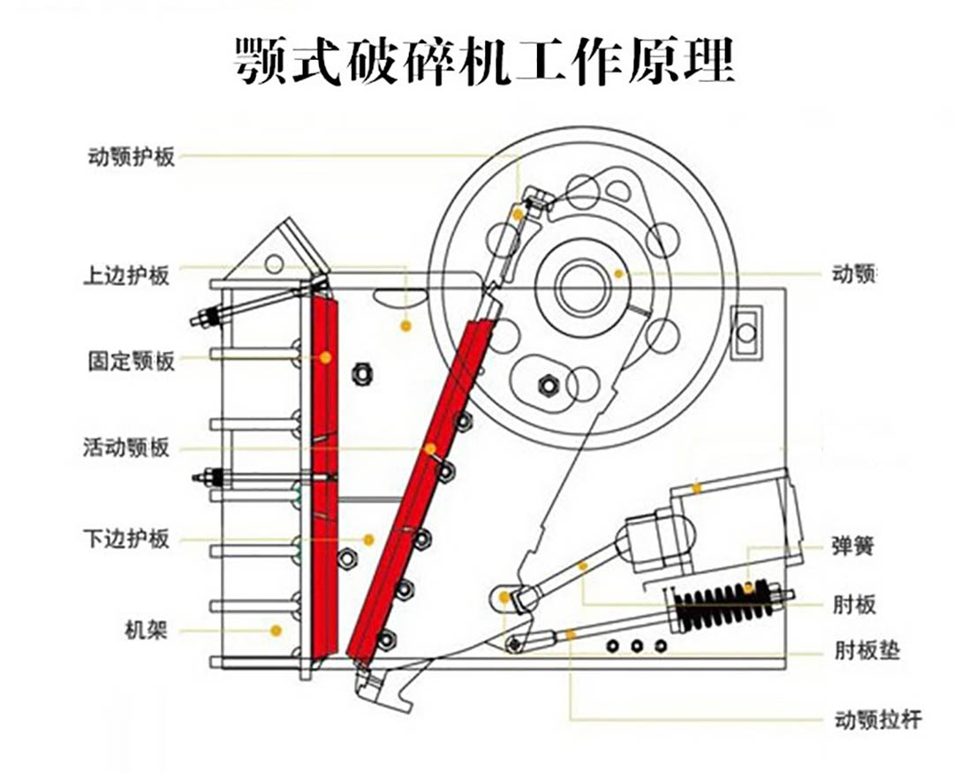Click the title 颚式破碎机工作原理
pos(484,61)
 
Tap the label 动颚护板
pos(131,157)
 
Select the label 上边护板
pos(125,275)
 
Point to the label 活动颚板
pos(125,447)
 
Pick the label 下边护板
pos(125,538)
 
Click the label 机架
pos(147,630)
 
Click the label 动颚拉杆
pos(877,720)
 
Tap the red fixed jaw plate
pos(324,477)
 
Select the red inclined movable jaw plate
pos(415,494)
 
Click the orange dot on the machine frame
pos(276,630)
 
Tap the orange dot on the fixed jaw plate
pos(325,357)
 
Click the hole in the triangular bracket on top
pos(275,262)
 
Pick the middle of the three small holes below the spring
pos(636,647)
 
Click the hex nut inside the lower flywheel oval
pos(547,384)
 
